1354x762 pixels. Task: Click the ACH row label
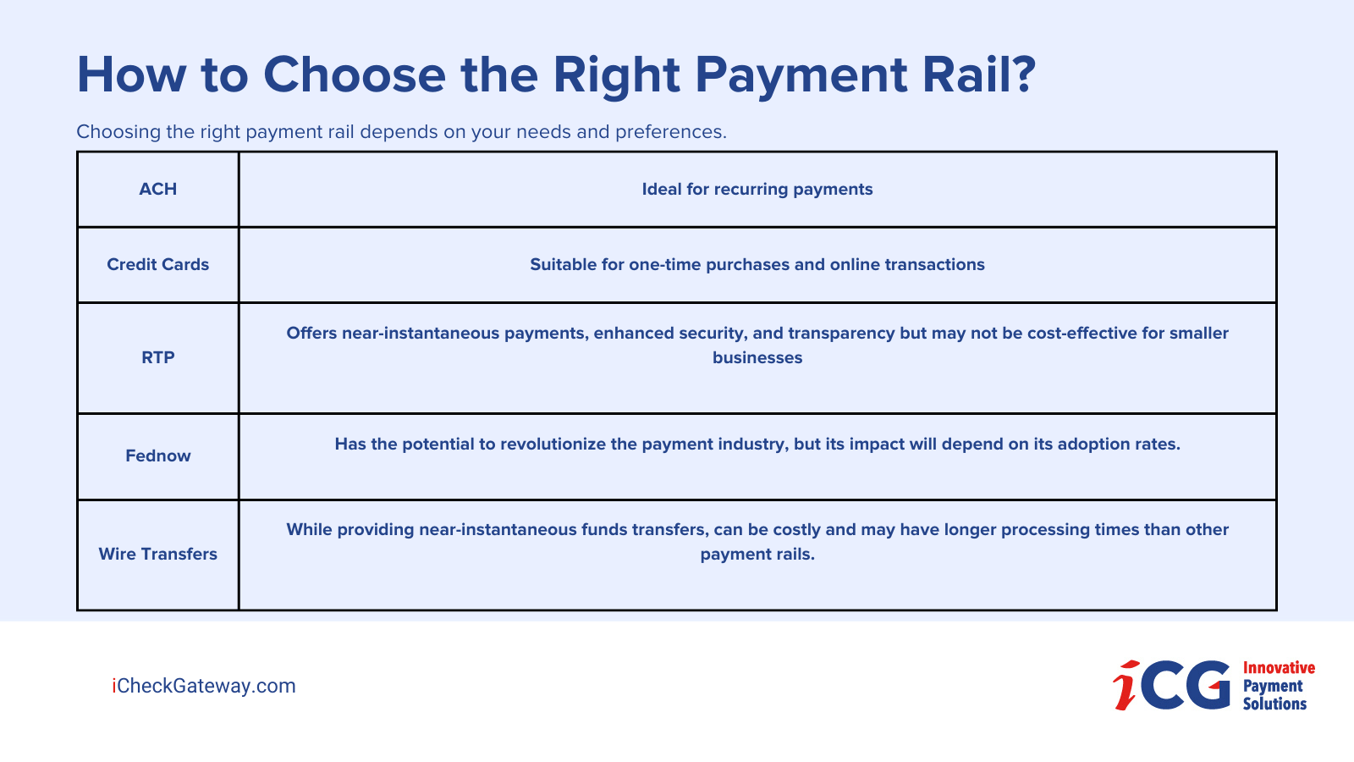pos(157,189)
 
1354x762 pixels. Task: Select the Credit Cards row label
pos(157,264)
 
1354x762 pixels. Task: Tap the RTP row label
pos(157,357)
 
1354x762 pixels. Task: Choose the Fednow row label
pos(157,456)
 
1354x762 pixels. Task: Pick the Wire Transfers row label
pos(157,554)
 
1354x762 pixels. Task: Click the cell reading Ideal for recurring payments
pos(757,189)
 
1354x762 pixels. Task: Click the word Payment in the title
pos(801,75)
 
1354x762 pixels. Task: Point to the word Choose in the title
pos(355,75)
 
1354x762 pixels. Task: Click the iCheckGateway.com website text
pos(204,686)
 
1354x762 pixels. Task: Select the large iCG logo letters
pos(1173,685)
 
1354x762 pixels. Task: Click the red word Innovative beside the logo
pos(1279,667)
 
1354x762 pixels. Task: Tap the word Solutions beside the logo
pos(1274,704)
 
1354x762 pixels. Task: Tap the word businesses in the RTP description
pos(757,357)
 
